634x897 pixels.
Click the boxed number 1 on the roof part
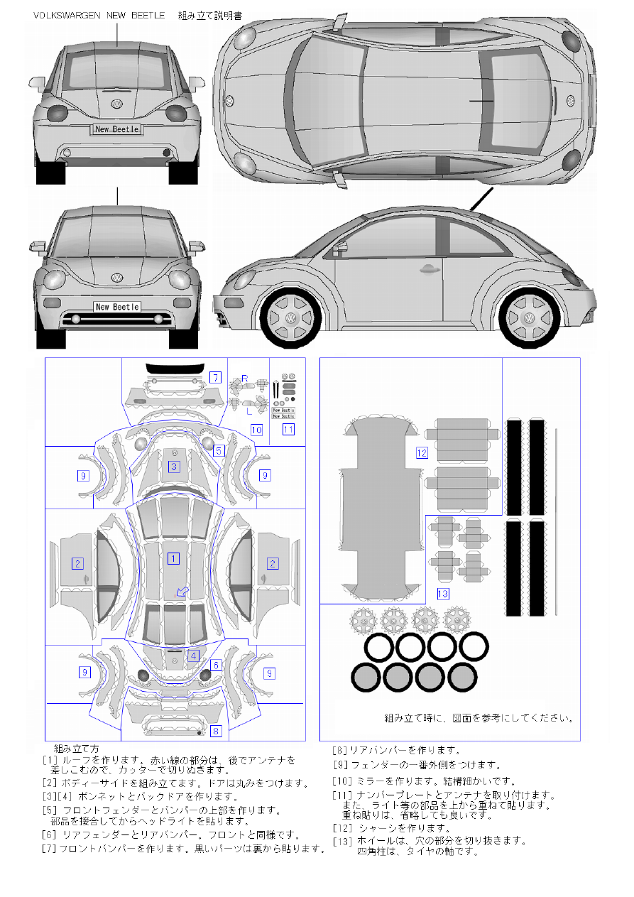click(x=173, y=558)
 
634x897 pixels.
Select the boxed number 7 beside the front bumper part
click(x=215, y=377)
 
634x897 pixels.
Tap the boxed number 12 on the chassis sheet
click(x=422, y=452)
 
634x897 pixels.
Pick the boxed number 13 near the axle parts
click(x=443, y=593)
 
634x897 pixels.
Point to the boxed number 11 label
click(x=288, y=429)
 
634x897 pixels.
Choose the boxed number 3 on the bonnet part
click(x=173, y=467)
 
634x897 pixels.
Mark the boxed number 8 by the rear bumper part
click(x=216, y=730)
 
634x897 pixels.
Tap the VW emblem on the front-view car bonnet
click(x=117, y=278)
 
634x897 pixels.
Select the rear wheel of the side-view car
click(x=529, y=317)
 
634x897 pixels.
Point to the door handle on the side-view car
click(x=427, y=269)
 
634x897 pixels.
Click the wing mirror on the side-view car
click(x=339, y=247)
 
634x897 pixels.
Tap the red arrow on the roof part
click(x=182, y=591)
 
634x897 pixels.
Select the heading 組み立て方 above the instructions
click(x=77, y=749)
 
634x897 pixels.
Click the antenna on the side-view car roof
click(x=480, y=200)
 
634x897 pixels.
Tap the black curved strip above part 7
click(x=174, y=367)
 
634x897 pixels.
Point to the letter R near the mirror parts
click(x=244, y=378)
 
